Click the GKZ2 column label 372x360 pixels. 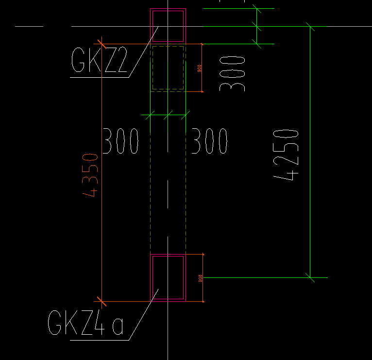(x=99, y=61)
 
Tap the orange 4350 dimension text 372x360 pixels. (x=91, y=175)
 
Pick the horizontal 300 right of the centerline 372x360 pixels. (x=209, y=141)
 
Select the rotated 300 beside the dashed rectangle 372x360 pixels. (x=232, y=73)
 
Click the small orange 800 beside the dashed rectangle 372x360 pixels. (x=199, y=69)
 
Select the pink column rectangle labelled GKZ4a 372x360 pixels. (x=168, y=300)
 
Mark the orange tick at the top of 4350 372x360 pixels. (x=101, y=44)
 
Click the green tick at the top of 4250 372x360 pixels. (x=310, y=26)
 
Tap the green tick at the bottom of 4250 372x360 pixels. (x=310, y=277)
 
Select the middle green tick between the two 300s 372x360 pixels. (x=168, y=115)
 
